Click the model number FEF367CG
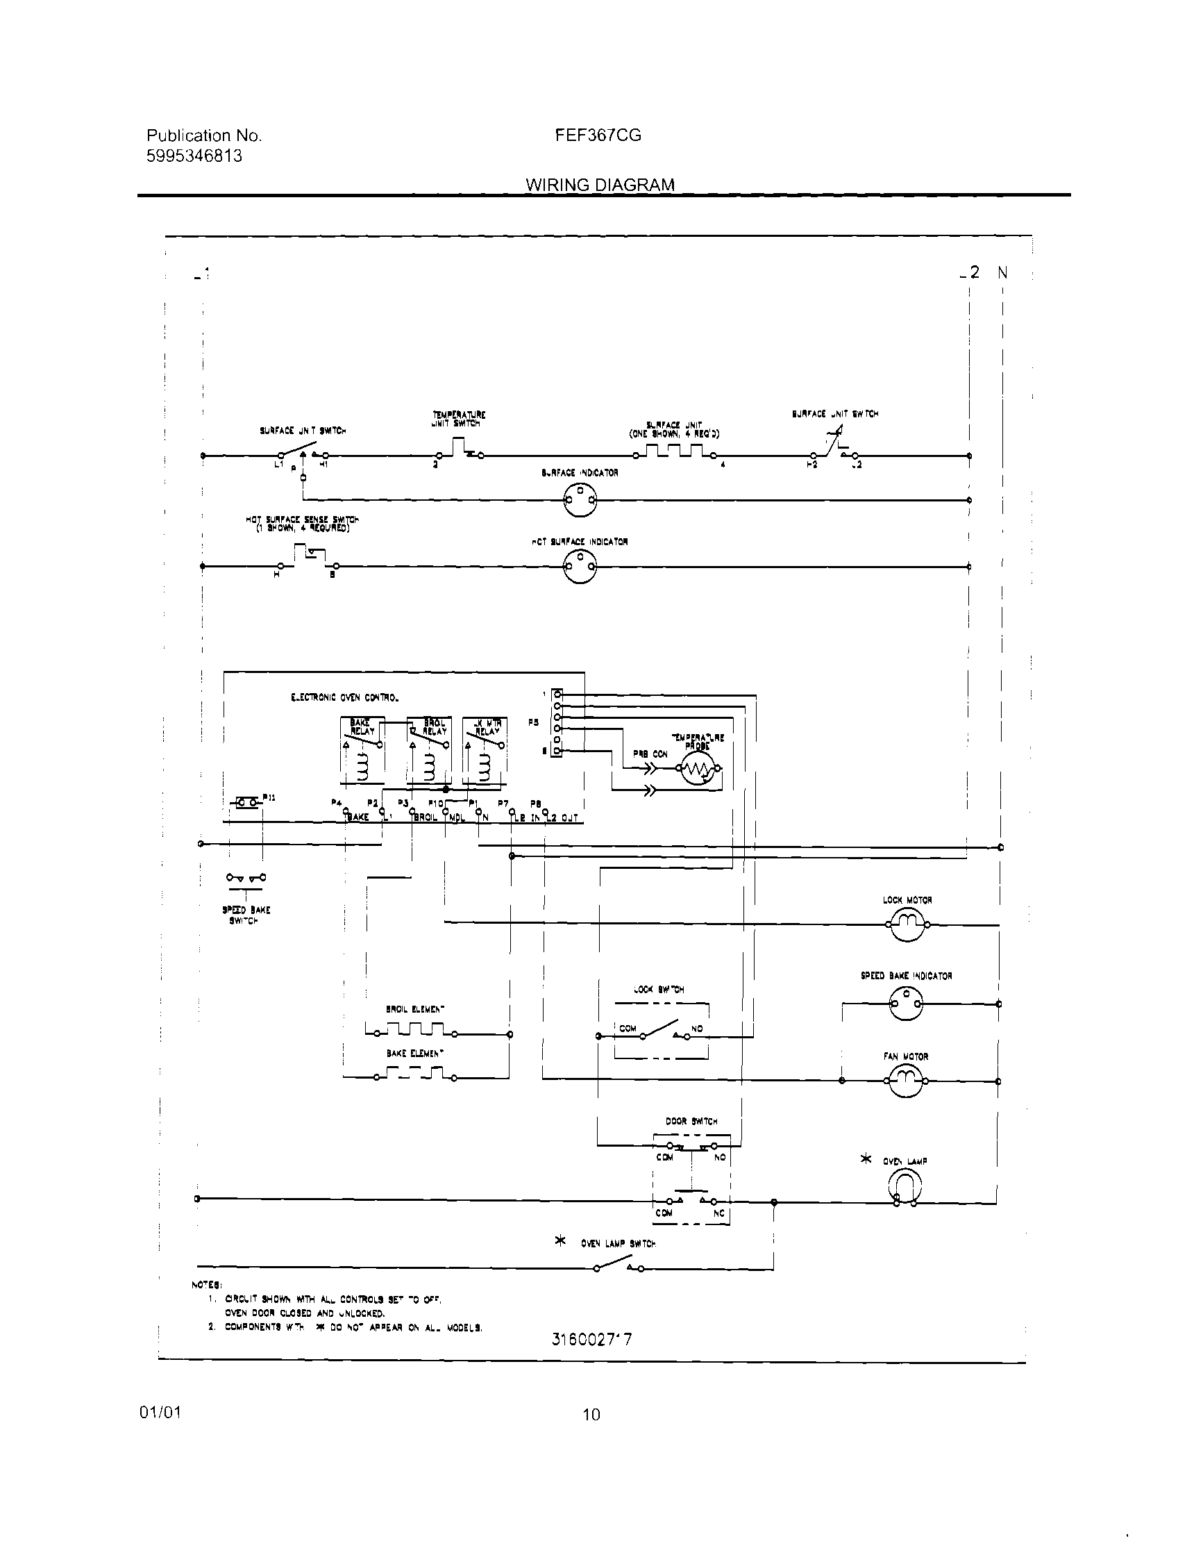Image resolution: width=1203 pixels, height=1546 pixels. pyautogui.click(x=598, y=135)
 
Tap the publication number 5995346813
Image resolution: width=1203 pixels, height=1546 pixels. pyautogui.click(x=194, y=156)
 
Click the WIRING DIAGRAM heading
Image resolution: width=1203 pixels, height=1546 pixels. pyautogui.click(x=599, y=185)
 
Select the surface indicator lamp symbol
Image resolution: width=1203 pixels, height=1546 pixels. pyautogui.click(x=580, y=501)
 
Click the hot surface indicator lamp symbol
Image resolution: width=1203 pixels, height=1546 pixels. pyautogui.click(x=580, y=566)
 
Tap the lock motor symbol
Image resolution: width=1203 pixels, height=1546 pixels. pyautogui.click(x=907, y=924)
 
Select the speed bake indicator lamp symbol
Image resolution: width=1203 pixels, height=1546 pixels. pyautogui.click(x=907, y=1003)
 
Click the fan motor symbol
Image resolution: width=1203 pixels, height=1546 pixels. pyautogui.click(x=907, y=1080)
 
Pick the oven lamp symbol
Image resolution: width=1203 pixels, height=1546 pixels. pyautogui.click(x=905, y=1187)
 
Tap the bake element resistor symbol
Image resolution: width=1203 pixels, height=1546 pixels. pyautogui.click(x=414, y=1077)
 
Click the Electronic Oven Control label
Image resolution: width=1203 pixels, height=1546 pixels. pyautogui.click(x=344, y=697)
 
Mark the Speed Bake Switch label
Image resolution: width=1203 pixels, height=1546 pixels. pyautogui.click(x=246, y=915)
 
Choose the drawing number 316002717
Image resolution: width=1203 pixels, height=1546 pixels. pyautogui.click(x=591, y=1338)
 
